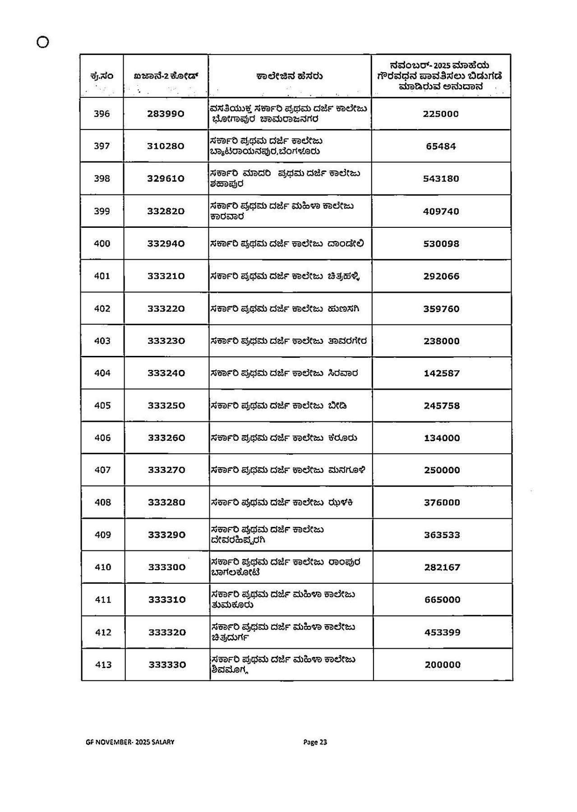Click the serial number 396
(x=102, y=114)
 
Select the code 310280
(x=166, y=146)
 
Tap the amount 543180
(x=441, y=179)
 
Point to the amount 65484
(x=441, y=146)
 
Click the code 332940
(x=166, y=244)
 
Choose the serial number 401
(x=102, y=276)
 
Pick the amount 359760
(x=441, y=309)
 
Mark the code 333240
(x=166, y=373)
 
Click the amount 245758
(x=442, y=406)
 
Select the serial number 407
(x=102, y=470)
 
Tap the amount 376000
(x=442, y=503)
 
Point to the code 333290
(x=166, y=535)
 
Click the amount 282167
(x=442, y=567)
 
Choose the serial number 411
(x=103, y=600)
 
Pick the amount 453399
(x=442, y=632)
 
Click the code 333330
(x=167, y=664)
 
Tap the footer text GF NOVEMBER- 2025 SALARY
(x=129, y=742)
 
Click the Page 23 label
(x=315, y=742)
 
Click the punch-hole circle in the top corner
(x=42, y=42)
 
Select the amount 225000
(x=441, y=114)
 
